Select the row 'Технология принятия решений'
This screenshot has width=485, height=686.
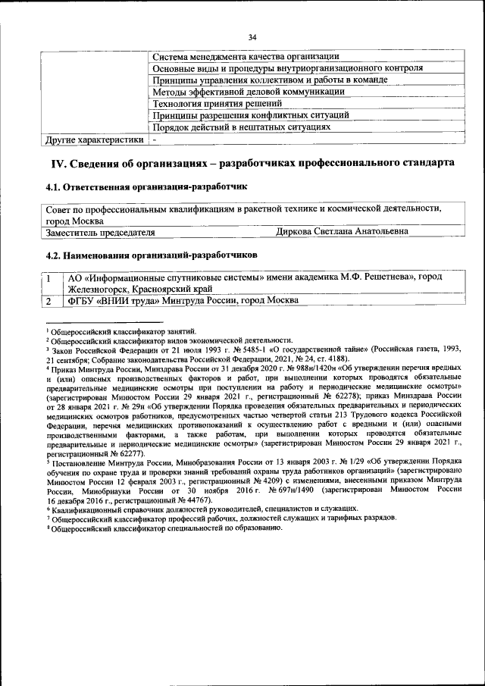(217, 104)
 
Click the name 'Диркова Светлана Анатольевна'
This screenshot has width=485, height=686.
(343, 231)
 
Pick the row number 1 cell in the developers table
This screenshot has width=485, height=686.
(48, 279)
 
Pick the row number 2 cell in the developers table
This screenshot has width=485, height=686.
(48, 301)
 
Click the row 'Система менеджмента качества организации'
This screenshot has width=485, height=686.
(244, 57)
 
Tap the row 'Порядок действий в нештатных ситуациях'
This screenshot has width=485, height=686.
(242, 127)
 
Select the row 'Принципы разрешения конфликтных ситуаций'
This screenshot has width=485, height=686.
(250, 115)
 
